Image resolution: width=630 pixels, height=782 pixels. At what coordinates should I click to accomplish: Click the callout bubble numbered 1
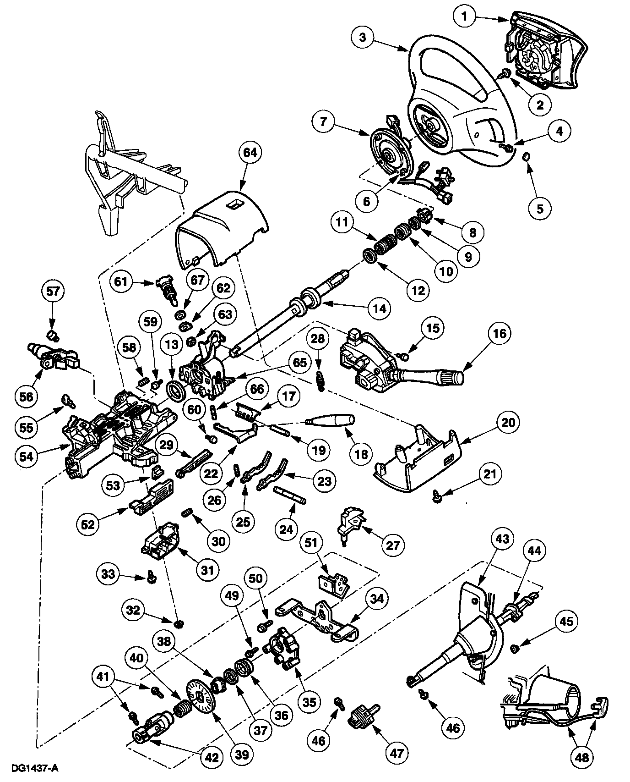(465, 17)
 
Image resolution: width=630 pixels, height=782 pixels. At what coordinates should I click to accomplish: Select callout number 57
(53, 291)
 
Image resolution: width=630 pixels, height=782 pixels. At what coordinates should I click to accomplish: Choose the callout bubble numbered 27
(393, 545)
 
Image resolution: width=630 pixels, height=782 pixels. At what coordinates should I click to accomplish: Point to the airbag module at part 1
(545, 50)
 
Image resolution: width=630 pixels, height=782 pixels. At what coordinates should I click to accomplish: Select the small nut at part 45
(514, 648)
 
